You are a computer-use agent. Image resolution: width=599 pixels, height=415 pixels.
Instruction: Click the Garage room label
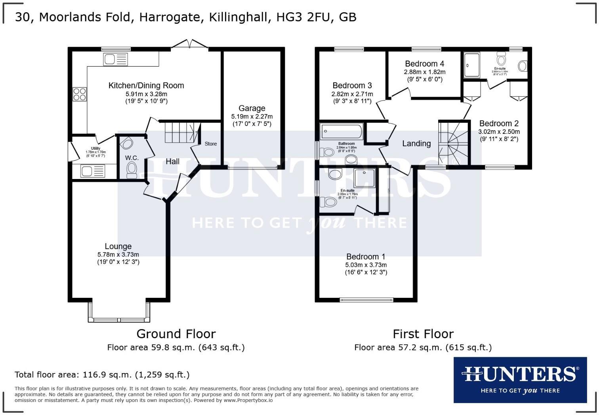[252, 108]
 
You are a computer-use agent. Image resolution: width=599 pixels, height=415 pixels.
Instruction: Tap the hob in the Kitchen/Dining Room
[80, 94]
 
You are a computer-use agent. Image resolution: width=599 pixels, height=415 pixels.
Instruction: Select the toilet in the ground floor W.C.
[132, 170]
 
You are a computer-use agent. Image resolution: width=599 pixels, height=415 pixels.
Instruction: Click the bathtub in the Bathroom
[341, 131]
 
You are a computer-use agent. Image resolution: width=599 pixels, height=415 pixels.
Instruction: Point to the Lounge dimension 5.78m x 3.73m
[118, 255]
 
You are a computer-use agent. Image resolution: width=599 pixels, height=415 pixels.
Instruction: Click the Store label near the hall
[210, 144]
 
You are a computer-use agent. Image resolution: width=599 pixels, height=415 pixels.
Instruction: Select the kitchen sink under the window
[115, 60]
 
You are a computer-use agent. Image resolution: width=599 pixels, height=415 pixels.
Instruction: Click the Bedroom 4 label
[424, 64]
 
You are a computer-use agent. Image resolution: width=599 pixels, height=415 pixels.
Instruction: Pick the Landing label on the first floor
[416, 143]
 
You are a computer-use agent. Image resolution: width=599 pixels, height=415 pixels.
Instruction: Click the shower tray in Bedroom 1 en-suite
[364, 178]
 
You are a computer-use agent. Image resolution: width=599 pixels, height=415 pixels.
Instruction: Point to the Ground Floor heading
[176, 334]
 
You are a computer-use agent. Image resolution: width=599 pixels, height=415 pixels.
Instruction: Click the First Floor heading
[423, 334]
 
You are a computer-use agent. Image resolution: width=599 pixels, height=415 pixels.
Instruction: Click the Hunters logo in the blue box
[520, 379]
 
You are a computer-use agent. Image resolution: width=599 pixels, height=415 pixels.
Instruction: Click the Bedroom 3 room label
[352, 86]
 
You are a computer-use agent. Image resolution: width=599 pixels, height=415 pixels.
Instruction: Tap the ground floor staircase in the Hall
[181, 132]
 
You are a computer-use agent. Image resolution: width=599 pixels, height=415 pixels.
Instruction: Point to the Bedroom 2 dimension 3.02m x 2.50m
[499, 131]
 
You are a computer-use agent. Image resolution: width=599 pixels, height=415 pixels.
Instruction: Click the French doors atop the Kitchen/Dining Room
[189, 44]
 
